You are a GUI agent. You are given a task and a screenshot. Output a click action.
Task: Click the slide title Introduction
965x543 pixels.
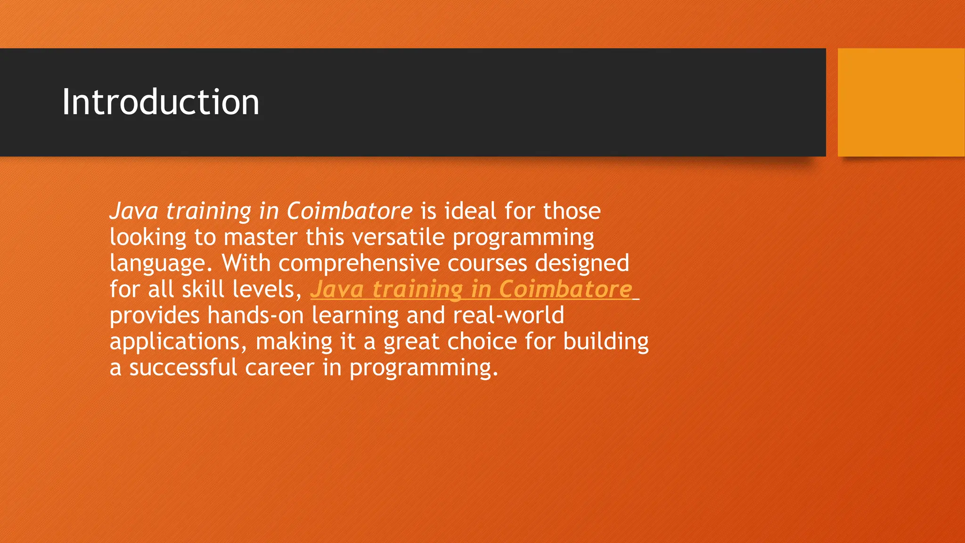click(161, 102)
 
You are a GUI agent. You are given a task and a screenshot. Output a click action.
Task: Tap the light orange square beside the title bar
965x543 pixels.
click(901, 102)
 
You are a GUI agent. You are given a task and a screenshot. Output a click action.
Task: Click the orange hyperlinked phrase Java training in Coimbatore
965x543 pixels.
click(471, 289)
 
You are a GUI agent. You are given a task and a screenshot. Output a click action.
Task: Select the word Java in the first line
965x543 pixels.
click(134, 211)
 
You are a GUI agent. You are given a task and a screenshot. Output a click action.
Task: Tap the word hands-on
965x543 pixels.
click(255, 315)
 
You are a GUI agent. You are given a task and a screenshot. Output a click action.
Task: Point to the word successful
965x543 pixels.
click(183, 368)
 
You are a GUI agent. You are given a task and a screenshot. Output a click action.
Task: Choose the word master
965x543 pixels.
click(260, 237)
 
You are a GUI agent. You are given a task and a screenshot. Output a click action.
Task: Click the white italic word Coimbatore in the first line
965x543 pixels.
click(350, 211)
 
